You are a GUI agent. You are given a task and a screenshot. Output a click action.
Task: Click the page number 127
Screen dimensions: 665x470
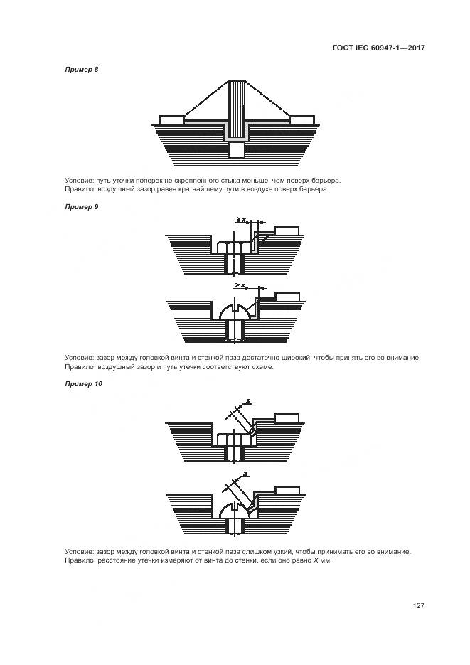click(418, 605)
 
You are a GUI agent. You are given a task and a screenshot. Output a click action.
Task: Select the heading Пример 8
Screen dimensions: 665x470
click(82, 69)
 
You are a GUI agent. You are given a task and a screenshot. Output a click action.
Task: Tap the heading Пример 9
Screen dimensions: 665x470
click(82, 206)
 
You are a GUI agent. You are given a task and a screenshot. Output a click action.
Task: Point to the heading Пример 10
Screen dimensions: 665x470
click(83, 384)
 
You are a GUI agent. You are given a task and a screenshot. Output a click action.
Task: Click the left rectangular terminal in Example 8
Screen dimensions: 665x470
click(171, 120)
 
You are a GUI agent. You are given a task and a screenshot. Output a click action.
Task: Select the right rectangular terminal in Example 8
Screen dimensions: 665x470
click(302, 120)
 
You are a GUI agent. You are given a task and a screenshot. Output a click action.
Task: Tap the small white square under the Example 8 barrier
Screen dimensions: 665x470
click(237, 150)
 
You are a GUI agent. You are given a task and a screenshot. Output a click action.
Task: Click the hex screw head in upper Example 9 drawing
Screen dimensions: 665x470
click(234, 248)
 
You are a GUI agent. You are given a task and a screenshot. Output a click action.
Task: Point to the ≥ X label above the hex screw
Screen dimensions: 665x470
click(241, 221)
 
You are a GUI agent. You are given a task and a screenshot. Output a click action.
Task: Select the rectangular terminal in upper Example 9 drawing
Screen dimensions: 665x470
click(287, 230)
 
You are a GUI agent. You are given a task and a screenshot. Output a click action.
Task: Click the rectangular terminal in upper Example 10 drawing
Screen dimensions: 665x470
click(287, 417)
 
